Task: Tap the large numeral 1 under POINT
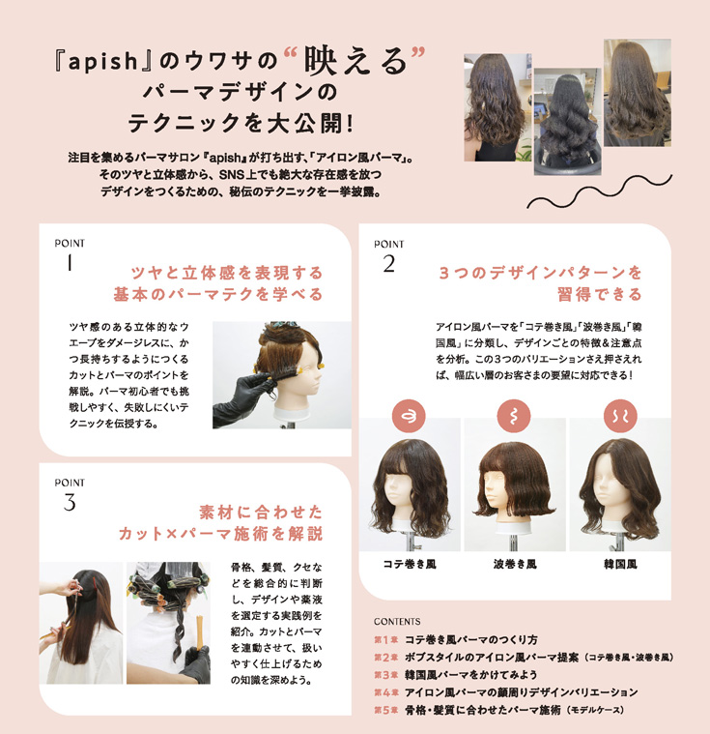pos(71,264)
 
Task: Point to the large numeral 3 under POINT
pos(70,502)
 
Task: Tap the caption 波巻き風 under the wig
pos(514,562)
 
